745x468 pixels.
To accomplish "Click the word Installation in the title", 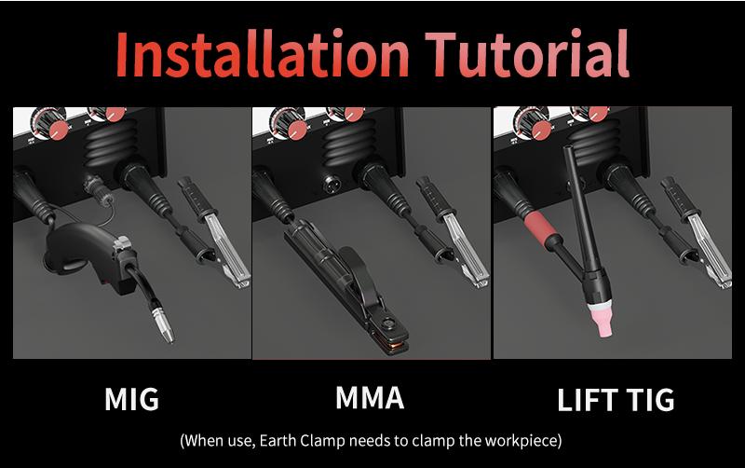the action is pyautogui.click(x=262, y=53).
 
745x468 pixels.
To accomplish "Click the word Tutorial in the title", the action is pyautogui.click(x=527, y=53).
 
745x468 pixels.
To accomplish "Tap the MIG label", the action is pyautogui.click(x=131, y=400).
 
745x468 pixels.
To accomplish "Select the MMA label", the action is pyautogui.click(x=370, y=397).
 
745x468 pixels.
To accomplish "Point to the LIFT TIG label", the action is pyautogui.click(x=616, y=400).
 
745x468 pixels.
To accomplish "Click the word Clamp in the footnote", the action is pyautogui.click(x=322, y=440).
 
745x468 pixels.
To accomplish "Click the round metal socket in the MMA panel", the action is pyautogui.click(x=332, y=183).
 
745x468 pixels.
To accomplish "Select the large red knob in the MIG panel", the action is pyautogui.click(x=59, y=131).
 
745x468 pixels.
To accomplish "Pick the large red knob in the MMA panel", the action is pyautogui.click(x=297, y=131).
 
